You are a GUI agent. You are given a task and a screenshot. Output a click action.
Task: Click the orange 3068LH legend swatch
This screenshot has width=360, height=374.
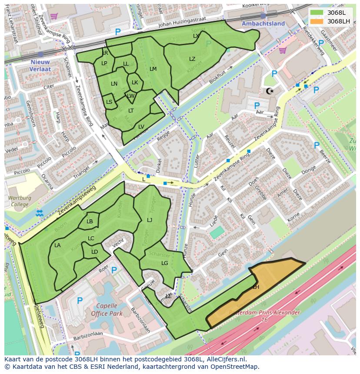click(x=317, y=21)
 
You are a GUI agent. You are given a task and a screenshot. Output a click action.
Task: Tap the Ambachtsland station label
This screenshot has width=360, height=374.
click(x=263, y=23)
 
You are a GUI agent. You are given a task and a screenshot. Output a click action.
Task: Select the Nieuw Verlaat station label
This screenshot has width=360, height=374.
click(x=40, y=65)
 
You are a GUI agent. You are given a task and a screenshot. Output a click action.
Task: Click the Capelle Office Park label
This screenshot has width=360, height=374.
click(x=107, y=309)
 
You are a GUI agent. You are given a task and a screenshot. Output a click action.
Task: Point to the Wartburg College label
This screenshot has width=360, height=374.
click(x=20, y=201)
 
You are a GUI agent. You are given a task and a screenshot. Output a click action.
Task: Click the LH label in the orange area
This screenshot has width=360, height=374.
click(x=256, y=287)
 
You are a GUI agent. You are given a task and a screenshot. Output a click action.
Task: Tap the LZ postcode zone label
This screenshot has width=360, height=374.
click(x=192, y=59)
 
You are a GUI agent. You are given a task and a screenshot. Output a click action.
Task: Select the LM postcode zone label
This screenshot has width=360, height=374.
click(x=153, y=69)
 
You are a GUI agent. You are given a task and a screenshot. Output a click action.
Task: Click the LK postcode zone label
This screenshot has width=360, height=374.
click(x=135, y=83)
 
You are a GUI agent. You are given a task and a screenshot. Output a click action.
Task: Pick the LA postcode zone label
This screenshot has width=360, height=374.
click(x=57, y=245)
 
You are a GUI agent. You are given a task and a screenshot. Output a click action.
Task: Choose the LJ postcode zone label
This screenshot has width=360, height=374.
click(x=150, y=220)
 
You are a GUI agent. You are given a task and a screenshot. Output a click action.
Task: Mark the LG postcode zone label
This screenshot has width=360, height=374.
click(x=165, y=263)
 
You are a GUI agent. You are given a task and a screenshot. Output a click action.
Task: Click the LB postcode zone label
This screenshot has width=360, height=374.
click(x=90, y=222)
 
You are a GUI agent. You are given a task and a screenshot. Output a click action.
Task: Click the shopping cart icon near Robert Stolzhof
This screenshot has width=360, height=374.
click(x=53, y=16)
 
